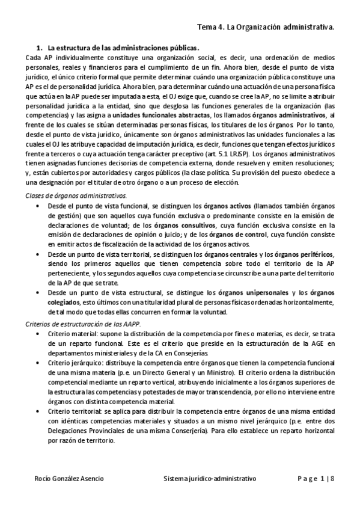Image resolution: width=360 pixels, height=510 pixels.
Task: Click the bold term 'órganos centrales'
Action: tap(227, 254)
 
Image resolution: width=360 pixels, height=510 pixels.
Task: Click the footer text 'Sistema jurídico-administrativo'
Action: tap(210, 478)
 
